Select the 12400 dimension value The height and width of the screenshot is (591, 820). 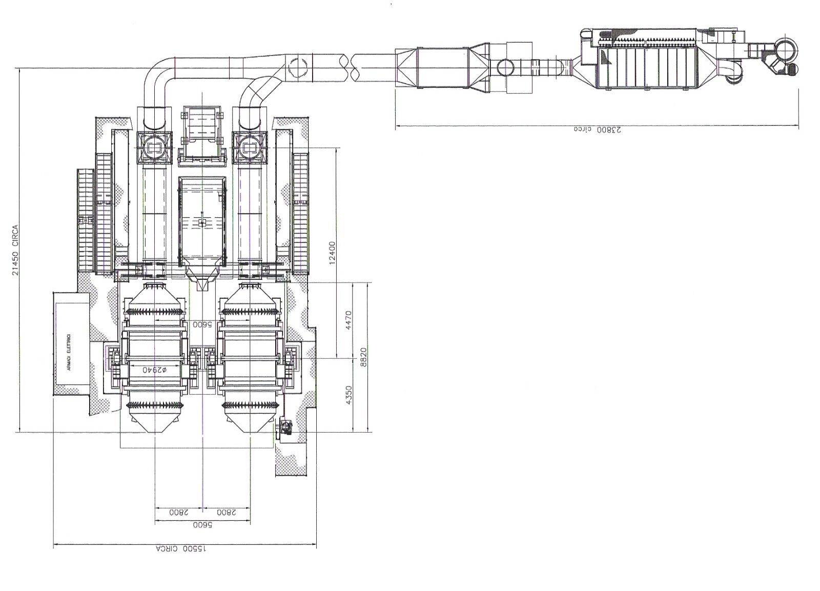pyautogui.click(x=332, y=253)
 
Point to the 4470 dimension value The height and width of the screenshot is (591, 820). pyautogui.click(x=348, y=320)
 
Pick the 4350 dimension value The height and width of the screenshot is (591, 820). pyautogui.click(x=348, y=395)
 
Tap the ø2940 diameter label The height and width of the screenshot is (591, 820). pyautogui.click(x=155, y=370)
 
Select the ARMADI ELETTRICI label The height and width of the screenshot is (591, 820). pyautogui.click(x=70, y=352)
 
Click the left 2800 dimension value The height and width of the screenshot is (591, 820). pyautogui.click(x=179, y=512)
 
